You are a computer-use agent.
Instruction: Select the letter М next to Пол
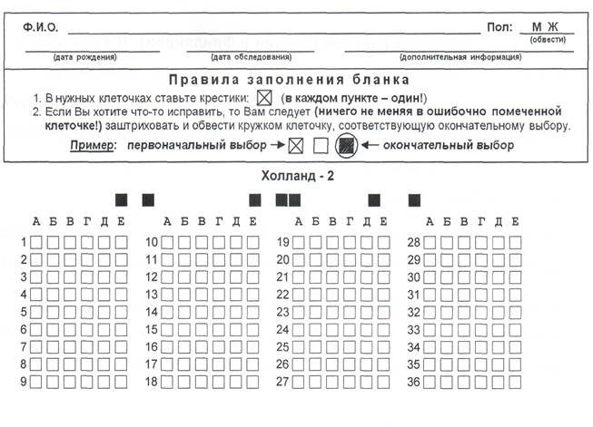pyautogui.click(x=537, y=27)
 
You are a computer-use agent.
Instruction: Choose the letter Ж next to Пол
pyautogui.click(x=552, y=27)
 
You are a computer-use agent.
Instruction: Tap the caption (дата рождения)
pyautogui.click(x=84, y=57)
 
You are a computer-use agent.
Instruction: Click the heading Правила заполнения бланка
pyautogui.click(x=296, y=79)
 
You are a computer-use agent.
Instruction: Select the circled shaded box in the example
pyautogui.click(x=345, y=145)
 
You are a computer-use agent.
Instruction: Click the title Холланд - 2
pyautogui.click(x=296, y=176)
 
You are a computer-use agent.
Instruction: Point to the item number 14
pyautogui.click(x=153, y=312)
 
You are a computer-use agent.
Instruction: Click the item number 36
pyautogui.click(x=414, y=382)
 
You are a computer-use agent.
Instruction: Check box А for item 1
pyautogui.click(x=36, y=242)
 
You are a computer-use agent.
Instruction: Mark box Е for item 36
pyautogui.click(x=515, y=382)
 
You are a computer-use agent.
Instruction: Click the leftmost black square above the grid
pyautogui.click(x=121, y=199)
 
